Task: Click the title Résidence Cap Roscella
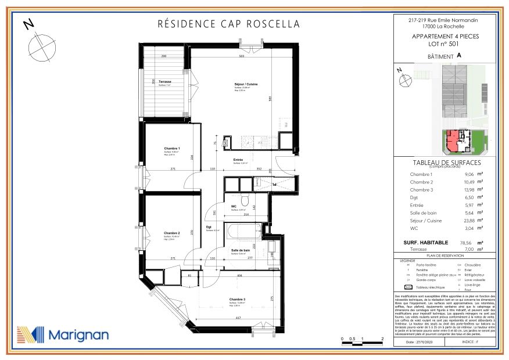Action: [229, 24]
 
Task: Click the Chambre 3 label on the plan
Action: [237, 300]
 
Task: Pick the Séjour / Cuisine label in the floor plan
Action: [246, 85]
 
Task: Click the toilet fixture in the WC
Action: [246, 201]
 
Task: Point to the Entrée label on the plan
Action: [238, 160]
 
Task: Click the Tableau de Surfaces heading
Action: [445, 163]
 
